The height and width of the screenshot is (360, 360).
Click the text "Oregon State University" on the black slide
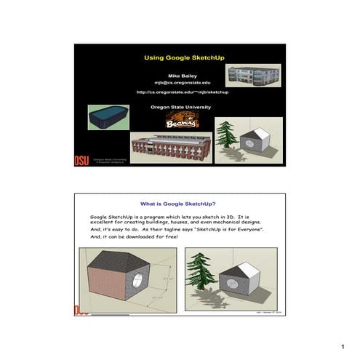(x=180, y=107)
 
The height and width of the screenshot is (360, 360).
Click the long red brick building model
(x=173, y=148)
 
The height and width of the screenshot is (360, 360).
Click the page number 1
(x=350, y=346)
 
